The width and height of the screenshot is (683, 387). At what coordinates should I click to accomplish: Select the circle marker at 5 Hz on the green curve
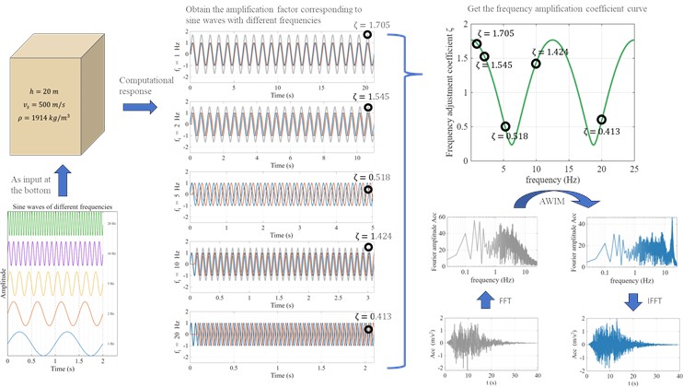[x=504, y=126]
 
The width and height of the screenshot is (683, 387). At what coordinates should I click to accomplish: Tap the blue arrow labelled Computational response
[x=138, y=111]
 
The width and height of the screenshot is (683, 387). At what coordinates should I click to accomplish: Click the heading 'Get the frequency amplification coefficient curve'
[x=544, y=9]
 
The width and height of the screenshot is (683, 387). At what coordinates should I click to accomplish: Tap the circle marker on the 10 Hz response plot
[x=367, y=247]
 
